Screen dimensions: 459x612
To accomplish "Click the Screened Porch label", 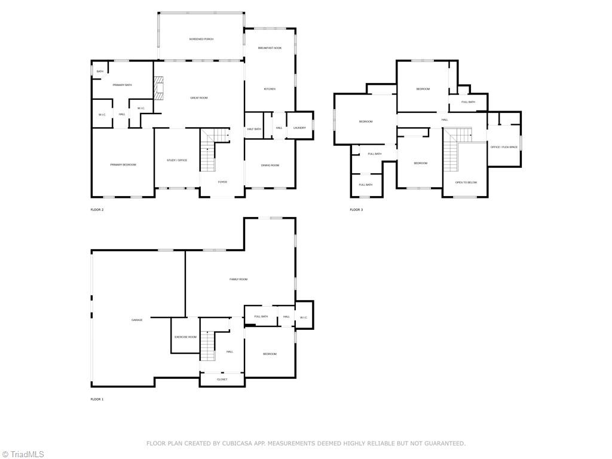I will tap(201, 39).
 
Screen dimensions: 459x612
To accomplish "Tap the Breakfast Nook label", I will tap(270, 48).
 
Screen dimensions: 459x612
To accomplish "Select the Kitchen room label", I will tap(270, 89).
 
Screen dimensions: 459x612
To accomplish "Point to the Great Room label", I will tap(199, 97).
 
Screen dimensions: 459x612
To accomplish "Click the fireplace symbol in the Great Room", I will tap(159, 88).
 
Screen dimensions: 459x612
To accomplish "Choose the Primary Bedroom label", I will tap(123, 164).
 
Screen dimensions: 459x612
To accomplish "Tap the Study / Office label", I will tap(177, 160).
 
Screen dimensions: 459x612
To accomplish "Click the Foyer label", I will tap(222, 182).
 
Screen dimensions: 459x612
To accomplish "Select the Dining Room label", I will tap(270, 165).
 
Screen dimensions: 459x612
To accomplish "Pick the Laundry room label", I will tap(299, 127).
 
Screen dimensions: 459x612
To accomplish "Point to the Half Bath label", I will tap(254, 129).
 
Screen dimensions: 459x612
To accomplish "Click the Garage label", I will tap(137, 320).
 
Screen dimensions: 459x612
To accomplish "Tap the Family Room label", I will tap(238, 279).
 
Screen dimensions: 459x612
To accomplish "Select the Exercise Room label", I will tap(185, 337).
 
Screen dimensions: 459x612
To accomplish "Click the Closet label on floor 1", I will tap(222, 380).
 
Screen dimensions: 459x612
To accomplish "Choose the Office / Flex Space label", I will tap(504, 146).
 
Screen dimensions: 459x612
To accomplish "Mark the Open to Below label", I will tap(466, 182).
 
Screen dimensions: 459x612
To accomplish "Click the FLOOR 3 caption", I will tap(356, 210).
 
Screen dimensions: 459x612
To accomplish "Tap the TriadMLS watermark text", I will tap(26, 454).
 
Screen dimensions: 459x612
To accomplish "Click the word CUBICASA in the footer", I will tap(236, 443).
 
